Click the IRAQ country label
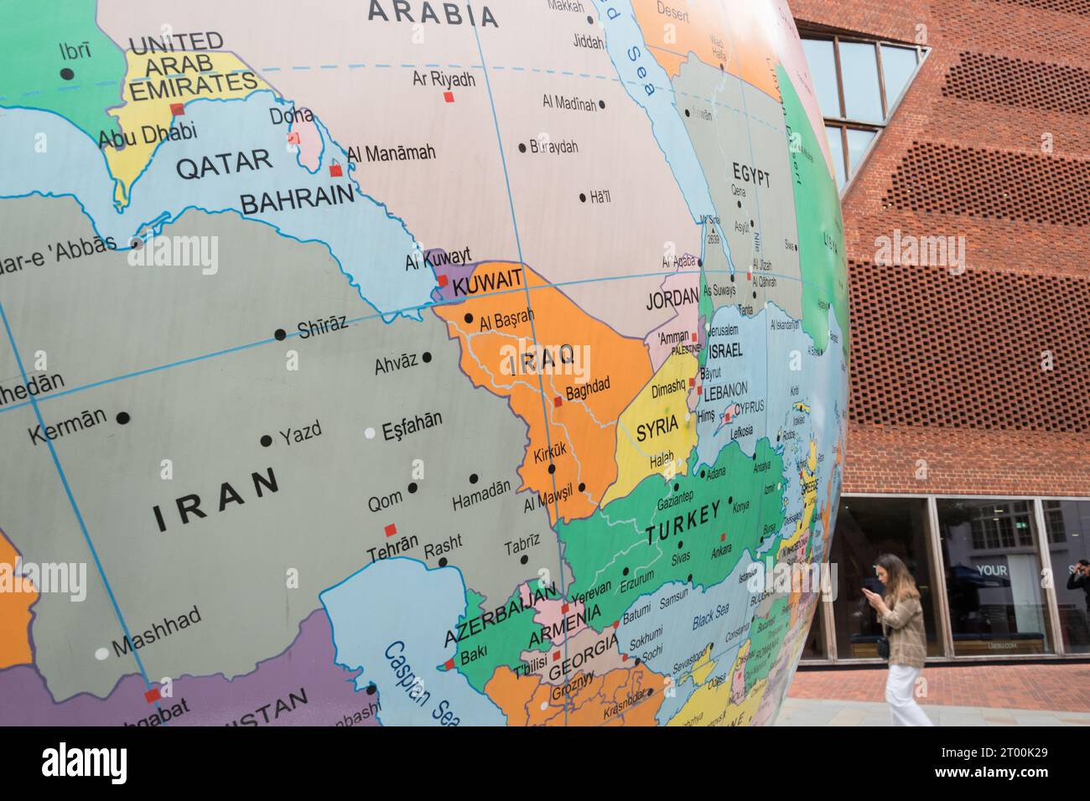(541, 359)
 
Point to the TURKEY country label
(683, 524)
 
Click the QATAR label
(223, 163)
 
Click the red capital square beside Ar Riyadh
(449, 97)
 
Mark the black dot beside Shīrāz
(280, 334)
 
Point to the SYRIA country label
(657, 429)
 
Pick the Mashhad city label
(156, 631)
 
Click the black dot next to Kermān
(123, 417)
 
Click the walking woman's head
(890, 571)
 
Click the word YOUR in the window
(992, 571)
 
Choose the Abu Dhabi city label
(148, 132)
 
